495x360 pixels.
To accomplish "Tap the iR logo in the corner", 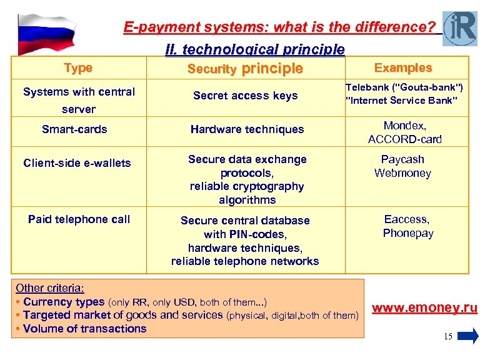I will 459,28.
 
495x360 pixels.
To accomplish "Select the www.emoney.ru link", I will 425,308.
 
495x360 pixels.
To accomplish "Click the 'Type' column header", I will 78,67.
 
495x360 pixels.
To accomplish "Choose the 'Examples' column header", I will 402,67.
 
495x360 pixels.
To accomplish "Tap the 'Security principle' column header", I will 245,69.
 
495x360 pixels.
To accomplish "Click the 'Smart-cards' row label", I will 74,129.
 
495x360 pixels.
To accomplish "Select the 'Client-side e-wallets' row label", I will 77,163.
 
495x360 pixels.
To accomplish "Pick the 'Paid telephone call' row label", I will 79,219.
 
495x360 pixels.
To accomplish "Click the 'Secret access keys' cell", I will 245,96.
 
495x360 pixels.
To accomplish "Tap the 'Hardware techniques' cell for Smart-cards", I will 247,129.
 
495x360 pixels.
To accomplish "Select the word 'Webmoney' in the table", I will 402,173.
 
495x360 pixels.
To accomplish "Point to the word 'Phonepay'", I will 407,233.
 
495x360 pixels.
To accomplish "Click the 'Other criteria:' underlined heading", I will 50,288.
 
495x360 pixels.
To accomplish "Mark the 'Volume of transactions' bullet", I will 84,329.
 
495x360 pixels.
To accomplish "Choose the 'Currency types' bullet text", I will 64,302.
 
